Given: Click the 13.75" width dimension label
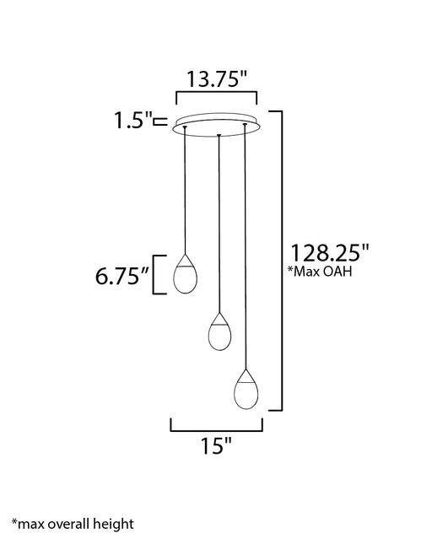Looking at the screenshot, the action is [217, 78].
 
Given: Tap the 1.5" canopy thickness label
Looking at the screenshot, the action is [133, 121].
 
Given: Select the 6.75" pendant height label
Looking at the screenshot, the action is [122, 276].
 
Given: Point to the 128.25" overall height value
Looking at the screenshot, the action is [330, 253].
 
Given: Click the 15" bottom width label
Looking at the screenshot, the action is [216, 446].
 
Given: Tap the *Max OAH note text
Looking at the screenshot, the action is [320, 272].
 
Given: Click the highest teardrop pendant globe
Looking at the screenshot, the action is [186, 274].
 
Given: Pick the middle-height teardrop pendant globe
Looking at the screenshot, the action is [219, 331].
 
